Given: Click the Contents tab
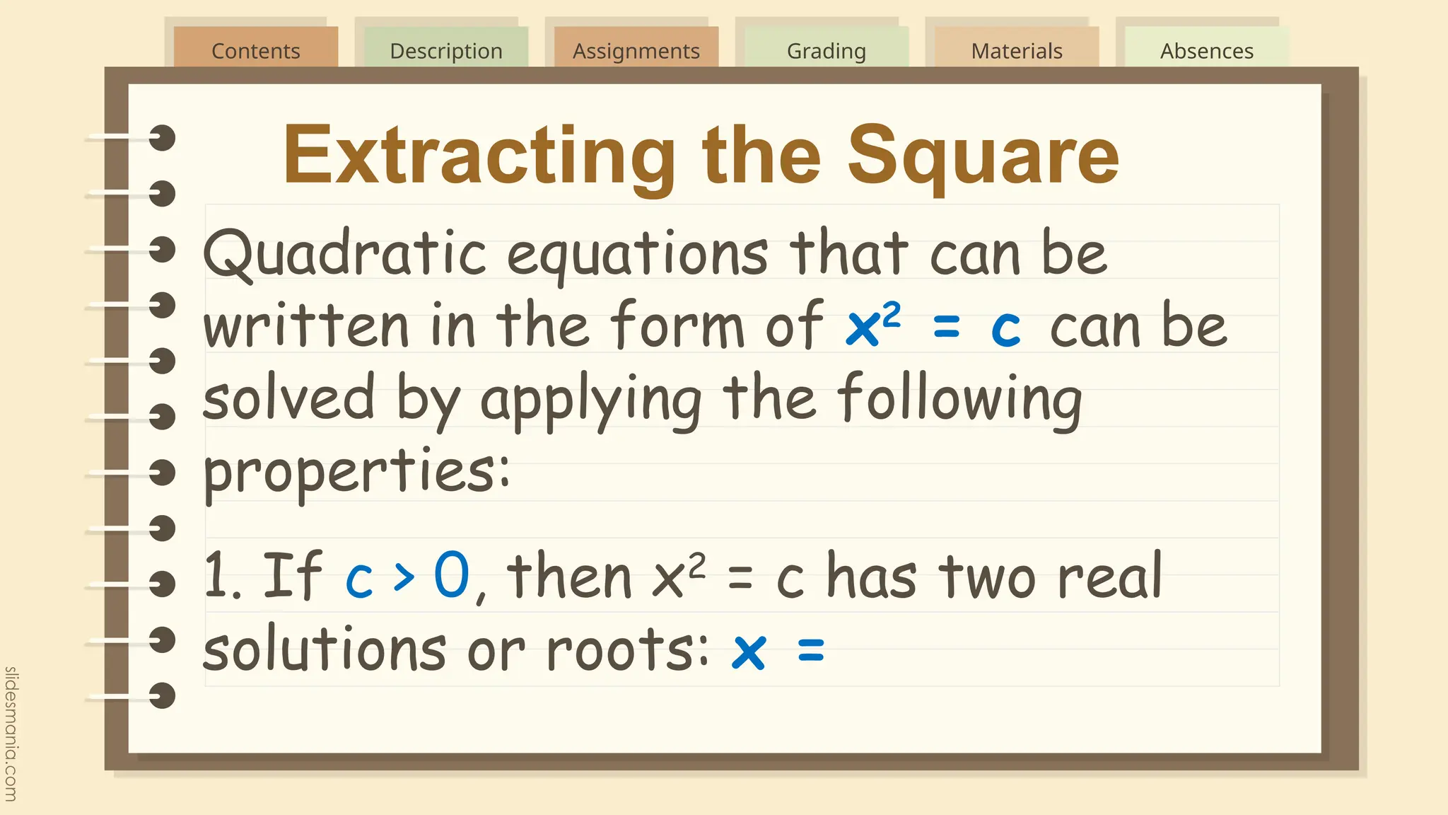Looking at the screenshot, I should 255,50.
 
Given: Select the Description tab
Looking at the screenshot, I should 445,50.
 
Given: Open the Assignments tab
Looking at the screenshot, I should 636,50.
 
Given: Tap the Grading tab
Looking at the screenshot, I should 826,50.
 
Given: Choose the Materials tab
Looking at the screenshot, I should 1016,50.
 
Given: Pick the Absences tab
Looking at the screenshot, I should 1206,50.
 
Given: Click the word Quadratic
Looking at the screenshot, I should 344,253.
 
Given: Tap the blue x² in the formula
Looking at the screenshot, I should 873,325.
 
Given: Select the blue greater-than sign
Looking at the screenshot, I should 404,577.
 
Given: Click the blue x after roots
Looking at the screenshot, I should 749,651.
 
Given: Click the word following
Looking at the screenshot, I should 959,400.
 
